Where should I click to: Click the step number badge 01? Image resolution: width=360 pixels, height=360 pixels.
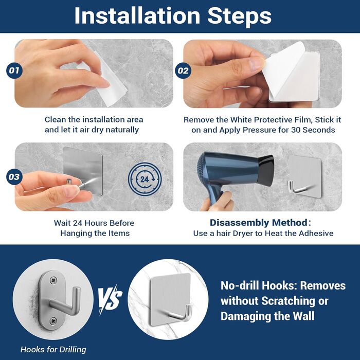14,70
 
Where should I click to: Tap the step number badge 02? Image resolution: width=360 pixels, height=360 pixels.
183,70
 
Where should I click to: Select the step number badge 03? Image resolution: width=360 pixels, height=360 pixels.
14,177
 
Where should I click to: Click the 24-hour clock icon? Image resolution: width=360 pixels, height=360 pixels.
145,179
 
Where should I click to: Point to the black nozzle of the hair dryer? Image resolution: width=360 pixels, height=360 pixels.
266,171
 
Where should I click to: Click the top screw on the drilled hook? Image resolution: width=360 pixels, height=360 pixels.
53,280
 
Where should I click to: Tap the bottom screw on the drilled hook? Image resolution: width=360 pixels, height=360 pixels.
53,320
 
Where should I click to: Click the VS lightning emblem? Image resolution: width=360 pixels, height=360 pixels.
110,299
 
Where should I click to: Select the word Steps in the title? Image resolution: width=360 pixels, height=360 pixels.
240,15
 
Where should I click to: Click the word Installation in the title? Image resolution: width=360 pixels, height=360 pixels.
137,15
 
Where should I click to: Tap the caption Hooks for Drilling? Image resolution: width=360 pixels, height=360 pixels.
53,349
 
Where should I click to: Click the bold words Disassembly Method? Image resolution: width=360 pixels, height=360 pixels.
259,223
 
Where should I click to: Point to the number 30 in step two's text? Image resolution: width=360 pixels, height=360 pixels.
296,130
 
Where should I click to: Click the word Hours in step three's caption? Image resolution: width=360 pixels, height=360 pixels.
97,223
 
